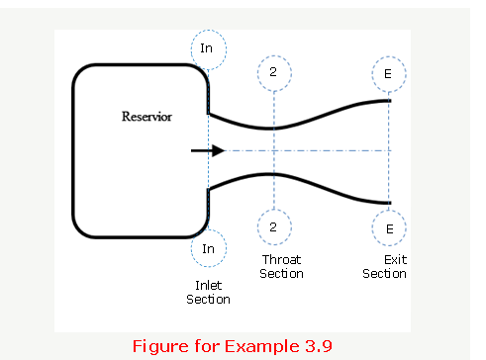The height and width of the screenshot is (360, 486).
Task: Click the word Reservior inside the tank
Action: coord(146,117)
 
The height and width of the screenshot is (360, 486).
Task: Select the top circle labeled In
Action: coord(208,48)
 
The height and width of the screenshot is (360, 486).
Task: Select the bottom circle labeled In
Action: coord(208,248)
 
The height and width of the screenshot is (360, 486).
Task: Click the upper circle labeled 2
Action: coord(273,72)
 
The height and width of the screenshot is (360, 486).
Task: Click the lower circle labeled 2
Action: coord(273,226)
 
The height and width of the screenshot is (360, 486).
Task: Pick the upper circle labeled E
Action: coord(389,72)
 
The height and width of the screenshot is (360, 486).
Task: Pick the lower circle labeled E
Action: coord(389,227)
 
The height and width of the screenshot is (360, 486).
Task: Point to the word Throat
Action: coord(281,259)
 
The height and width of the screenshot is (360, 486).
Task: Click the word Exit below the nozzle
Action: coord(384,259)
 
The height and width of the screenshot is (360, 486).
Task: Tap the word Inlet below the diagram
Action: coord(208,284)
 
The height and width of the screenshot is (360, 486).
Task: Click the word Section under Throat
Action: coord(281,274)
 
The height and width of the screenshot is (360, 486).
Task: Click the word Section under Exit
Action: coord(384,274)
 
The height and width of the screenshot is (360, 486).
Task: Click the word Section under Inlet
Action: coord(208,299)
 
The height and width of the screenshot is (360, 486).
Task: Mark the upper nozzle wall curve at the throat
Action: coord(273,129)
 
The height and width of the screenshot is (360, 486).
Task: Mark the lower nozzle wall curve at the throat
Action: coord(273,174)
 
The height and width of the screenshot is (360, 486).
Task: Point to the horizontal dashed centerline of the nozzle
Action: coord(317,151)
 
